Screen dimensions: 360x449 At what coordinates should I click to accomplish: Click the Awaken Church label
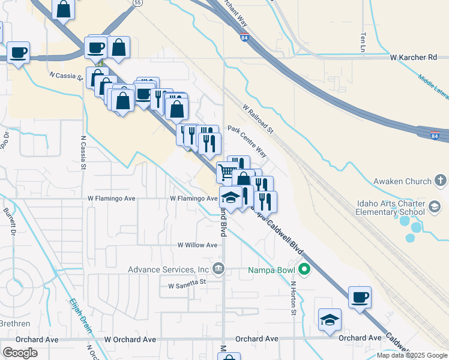[402, 181]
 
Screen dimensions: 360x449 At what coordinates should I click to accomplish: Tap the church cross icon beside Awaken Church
[440, 181]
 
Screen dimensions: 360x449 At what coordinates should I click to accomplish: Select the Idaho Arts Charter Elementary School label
[391, 208]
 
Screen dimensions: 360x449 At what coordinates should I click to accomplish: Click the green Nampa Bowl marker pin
[304, 270]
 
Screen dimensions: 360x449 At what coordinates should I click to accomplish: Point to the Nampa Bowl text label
[273, 270]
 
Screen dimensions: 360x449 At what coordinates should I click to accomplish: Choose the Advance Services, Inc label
[168, 269]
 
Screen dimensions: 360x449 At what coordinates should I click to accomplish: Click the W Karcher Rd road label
[413, 58]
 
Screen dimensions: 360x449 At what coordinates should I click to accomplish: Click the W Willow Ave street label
[197, 245]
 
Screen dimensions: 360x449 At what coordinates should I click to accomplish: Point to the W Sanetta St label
[187, 285]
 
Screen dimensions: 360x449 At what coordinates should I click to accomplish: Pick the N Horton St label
[294, 299]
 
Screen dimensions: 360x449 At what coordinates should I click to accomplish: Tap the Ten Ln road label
[363, 41]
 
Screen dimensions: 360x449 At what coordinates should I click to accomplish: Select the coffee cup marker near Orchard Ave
[360, 297]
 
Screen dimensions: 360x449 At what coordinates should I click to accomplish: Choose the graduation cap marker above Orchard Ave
[330, 319]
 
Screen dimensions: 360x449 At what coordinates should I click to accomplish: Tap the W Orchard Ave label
[130, 339]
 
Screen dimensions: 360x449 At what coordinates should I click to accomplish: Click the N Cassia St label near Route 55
[66, 76]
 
